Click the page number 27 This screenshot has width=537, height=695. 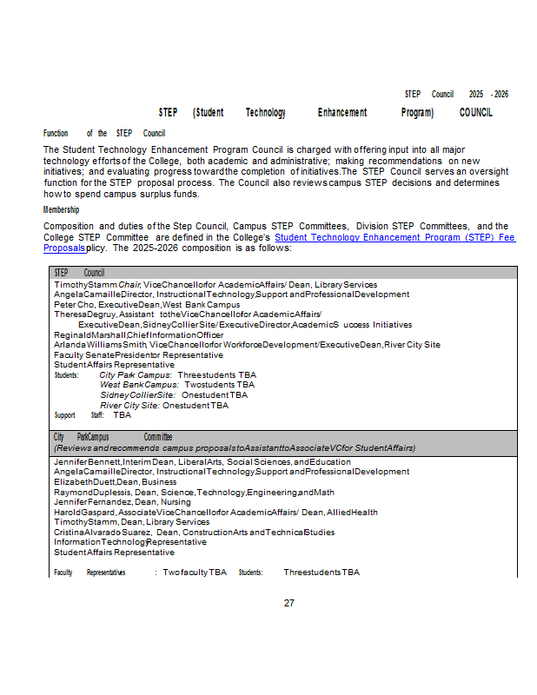[x=289, y=603]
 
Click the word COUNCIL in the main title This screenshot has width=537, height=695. [x=475, y=113]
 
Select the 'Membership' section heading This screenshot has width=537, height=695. [x=61, y=209]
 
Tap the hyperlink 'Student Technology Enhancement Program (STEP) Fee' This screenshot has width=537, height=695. [x=394, y=236]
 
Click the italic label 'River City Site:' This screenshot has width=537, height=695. [x=129, y=405]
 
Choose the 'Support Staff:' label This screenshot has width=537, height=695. [x=78, y=415]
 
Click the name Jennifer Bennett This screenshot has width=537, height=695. [x=87, y=461]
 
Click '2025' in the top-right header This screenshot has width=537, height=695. [x=476, y=94]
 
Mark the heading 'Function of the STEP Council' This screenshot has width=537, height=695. [x=104, y=133]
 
